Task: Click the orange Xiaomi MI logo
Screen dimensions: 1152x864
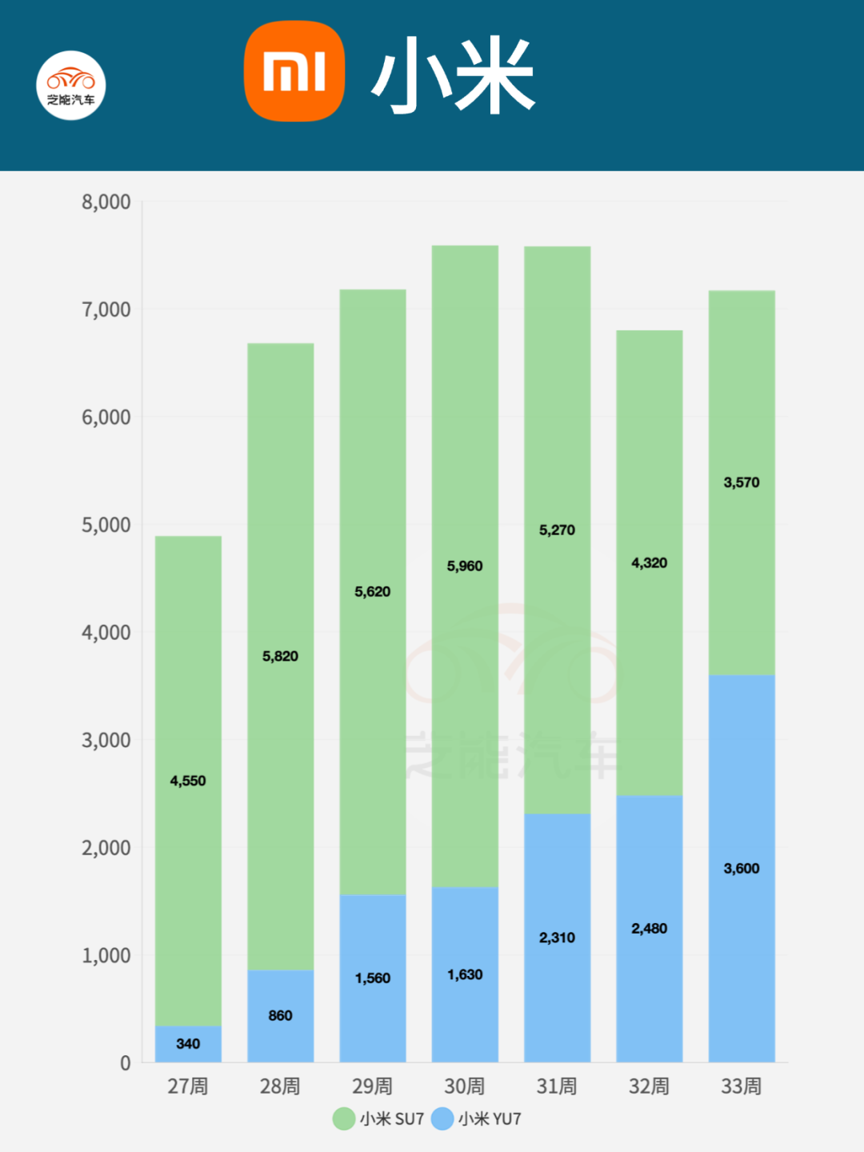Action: click(294, 72)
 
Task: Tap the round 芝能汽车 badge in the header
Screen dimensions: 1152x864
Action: click(71, 86)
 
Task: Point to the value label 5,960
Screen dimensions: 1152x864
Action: click(465, 566)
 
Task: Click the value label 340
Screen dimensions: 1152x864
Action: click(188, 1044)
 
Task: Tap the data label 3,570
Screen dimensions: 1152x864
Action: click(742, 482)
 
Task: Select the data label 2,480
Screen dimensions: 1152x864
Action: click(649, 929)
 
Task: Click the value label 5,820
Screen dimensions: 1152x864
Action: click(280, 657)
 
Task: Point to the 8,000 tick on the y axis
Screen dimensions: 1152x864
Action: click(106, 202)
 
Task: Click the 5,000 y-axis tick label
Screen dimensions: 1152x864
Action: click(106, 526)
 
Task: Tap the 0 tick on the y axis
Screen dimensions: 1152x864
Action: click(126, 1063)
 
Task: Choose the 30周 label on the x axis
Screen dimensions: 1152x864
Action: click(465, 1086)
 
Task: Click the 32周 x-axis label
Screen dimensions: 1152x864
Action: click(649, 1086)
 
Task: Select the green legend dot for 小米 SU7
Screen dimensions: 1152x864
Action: click(344, 1118)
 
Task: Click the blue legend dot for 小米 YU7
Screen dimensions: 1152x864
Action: click(442, 1118)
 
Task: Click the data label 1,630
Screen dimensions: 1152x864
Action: click(465, 975)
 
